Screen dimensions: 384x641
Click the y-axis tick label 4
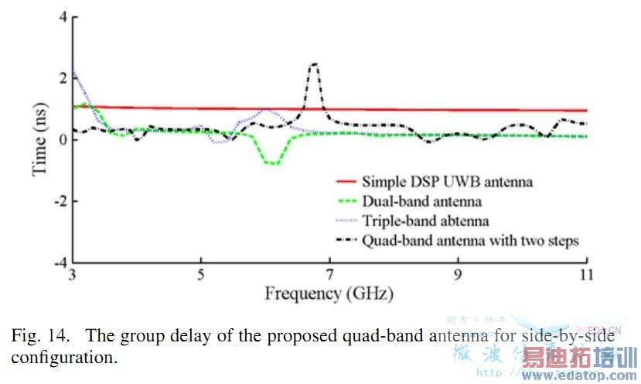[x=62, y=18]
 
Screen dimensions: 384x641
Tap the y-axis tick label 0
[x=62, y=140]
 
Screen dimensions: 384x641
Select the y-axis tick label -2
[x=59, y=201]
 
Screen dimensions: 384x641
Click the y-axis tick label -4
[x=59, y=262]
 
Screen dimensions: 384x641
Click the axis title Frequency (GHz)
[x=329, y=294]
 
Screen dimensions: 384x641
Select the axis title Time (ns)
[x=40, y=140]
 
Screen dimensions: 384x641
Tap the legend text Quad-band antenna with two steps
[x=470, y=240]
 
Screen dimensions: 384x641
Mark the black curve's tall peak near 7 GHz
[x=314, y=64]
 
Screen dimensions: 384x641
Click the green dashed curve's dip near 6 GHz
[x=272, y=163]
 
